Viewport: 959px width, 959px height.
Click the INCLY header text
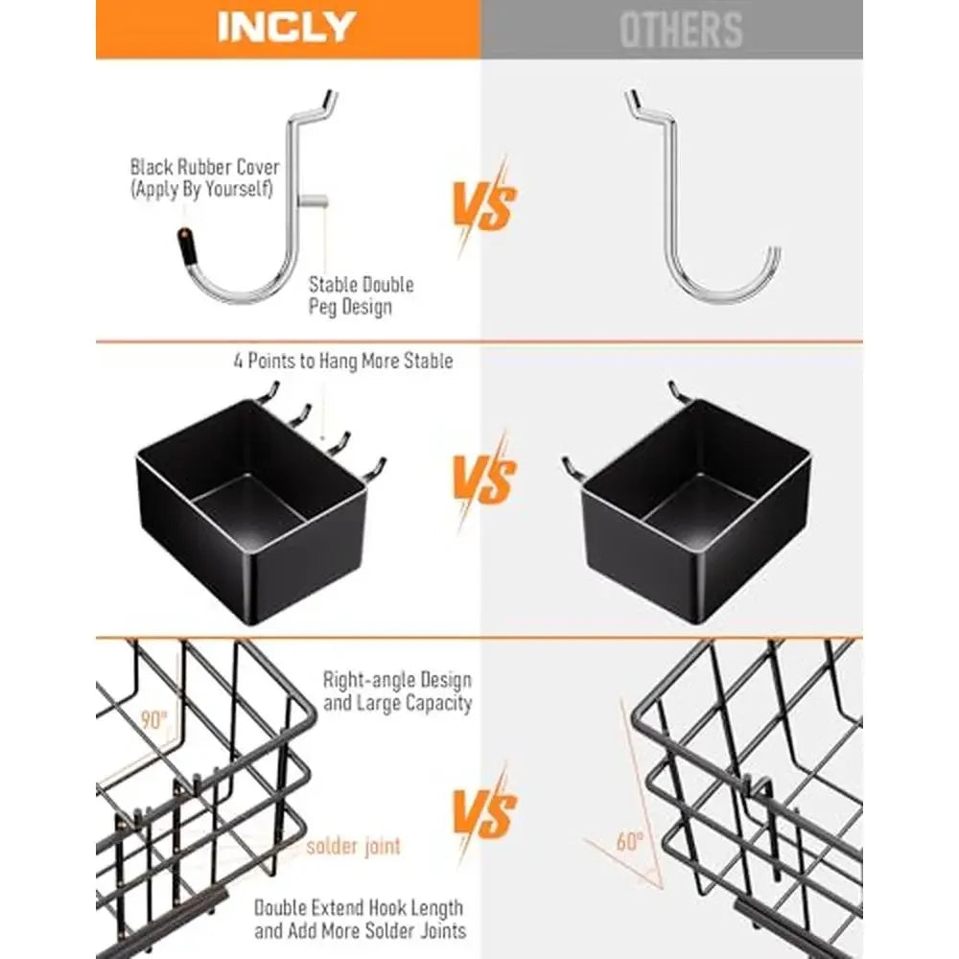tap(287, 27)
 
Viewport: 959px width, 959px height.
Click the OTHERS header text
tap(681, 30)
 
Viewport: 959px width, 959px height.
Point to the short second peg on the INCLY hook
tap(314, 200)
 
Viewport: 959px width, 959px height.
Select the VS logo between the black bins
tap(484, 480)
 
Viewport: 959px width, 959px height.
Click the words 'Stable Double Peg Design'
tap(361, 295)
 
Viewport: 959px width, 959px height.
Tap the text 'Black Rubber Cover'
tap(204, 167)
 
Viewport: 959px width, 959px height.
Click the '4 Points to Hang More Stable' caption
tap(343, 361)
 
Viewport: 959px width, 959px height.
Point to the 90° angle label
tap(153, 720)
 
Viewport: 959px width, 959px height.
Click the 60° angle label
tap(629, 842)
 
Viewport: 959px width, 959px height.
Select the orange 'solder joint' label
tap(354, 847)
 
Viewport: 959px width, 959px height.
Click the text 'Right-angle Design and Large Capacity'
tap(398, 691)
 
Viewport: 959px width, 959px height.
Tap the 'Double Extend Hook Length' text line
tap(359, 907)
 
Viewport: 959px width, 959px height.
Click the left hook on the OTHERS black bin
tap(573, 469)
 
